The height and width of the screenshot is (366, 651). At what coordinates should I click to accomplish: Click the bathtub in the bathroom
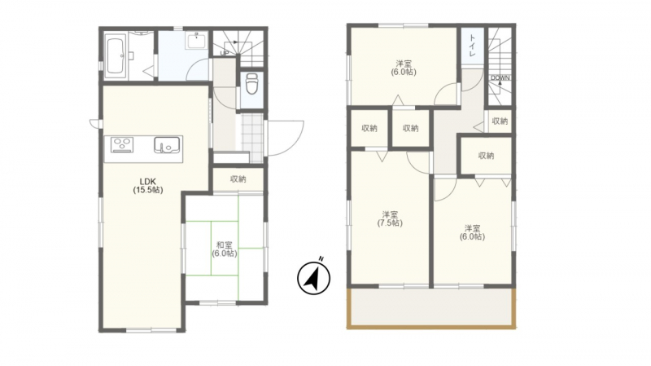tap(116, 55)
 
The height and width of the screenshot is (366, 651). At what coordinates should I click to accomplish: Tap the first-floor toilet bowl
tap(252, 85)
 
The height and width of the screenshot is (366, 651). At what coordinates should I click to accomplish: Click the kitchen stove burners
tap(122, 145)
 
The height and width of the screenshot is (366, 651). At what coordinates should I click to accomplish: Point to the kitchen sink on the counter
tap(167, 145)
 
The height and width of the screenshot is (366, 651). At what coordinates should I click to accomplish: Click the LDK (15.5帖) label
tap(148, 186)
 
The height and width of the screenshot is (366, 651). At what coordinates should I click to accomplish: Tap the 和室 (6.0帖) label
tap(225, 249)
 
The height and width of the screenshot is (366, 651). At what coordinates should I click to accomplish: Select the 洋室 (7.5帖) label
tap(390, 218)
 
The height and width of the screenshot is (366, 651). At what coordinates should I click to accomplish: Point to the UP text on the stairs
tap(225, 53)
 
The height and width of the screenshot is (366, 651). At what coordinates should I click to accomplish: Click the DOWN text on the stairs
tap(500, 77)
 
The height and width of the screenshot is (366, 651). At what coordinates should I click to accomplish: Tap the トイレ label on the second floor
tap(473, 46)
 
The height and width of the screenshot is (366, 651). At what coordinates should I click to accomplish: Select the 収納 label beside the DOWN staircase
tap(500, 121)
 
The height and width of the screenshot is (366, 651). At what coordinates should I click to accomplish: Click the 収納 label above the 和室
tap(238, 179)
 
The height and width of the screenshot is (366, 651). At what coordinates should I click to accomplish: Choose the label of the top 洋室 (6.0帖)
tap(404, 68)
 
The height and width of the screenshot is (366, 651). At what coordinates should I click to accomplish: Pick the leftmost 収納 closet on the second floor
tap(369, 129)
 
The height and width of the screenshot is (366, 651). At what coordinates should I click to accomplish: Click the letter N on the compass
tap(321, 259)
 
